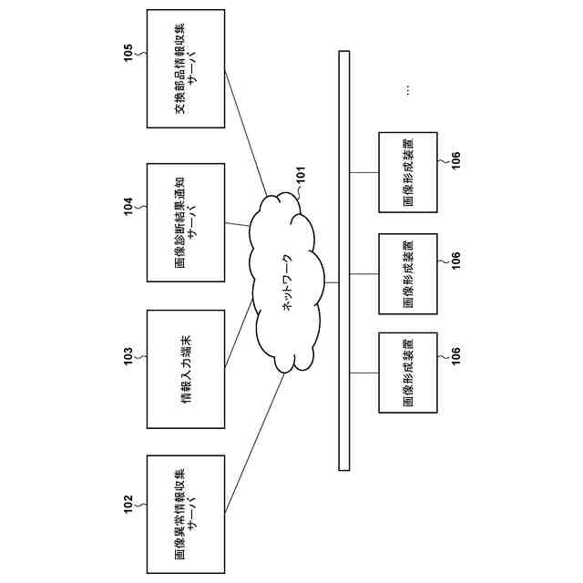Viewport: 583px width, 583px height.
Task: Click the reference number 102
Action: (128, 504)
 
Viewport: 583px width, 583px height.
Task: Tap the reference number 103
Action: (128, 356)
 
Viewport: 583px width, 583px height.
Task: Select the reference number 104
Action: (128, 207)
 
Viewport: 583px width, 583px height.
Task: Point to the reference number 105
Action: (128, 53)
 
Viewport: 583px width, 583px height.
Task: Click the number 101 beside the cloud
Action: (301, 175)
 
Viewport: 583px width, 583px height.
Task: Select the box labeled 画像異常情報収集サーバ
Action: (186, 514)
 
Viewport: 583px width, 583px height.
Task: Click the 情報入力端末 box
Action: (186, 369)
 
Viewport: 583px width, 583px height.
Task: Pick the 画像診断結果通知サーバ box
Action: (186, 222)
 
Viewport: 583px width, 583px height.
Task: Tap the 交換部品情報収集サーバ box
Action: (186, 69)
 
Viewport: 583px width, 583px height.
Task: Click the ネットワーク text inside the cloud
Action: (288, 282)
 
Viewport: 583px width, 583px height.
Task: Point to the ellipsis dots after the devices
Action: (408, 90)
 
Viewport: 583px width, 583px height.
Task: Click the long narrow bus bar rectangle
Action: (344, 261)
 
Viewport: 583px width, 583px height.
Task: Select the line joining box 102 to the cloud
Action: (255, 444)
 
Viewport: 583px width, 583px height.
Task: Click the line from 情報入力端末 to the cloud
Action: (239, 334)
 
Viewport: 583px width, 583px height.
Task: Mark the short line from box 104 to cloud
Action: (237, 224)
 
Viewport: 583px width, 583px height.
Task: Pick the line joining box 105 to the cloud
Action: (246, 132)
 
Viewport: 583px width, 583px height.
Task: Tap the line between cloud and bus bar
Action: (332, 282)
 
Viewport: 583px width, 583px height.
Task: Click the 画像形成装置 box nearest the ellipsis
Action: (408, 172)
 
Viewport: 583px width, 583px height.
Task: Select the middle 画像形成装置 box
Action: (408, 274)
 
